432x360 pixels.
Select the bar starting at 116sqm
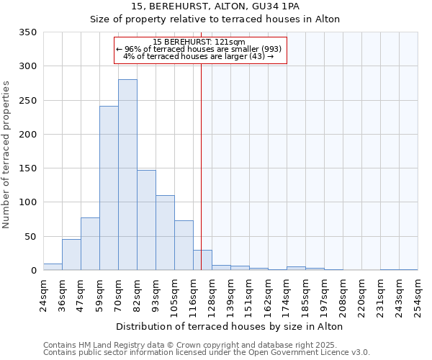point(202,261)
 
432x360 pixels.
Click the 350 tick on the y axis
point(27,32)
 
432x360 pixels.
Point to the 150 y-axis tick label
point(27,168)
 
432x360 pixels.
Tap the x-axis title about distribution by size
point(229,326)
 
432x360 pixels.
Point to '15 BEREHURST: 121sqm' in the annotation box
point(199,42)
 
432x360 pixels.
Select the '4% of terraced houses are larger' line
point(199,56)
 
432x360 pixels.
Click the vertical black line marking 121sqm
point(201,158)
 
